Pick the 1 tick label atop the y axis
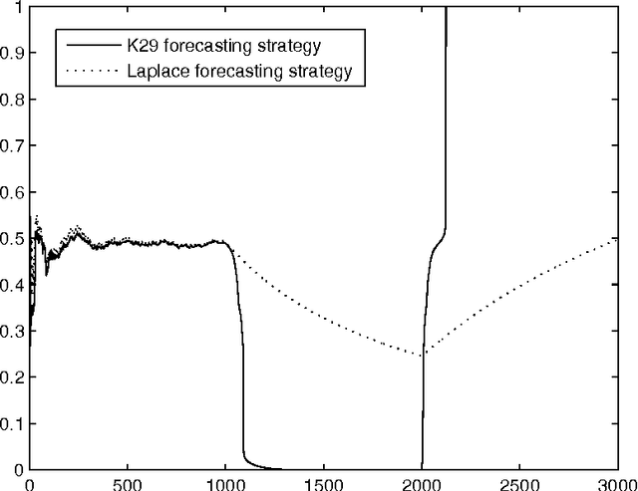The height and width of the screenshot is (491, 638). pyautogui.click(x=18, y=9)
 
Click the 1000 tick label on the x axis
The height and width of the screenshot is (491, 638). pyautogui.click(x=225, y=482)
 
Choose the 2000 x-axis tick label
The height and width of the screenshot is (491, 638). pyautogui.click(x=423, y=482)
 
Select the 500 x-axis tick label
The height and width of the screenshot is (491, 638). pyautogui.click(x=127, y=482)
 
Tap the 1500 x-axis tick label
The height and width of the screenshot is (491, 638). pyautogui.click(x=324, y=482)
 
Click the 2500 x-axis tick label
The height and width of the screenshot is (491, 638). pyautogui.click(x=520, y=482)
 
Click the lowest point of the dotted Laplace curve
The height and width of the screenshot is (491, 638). pyautogui.click(x=423, y=354)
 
